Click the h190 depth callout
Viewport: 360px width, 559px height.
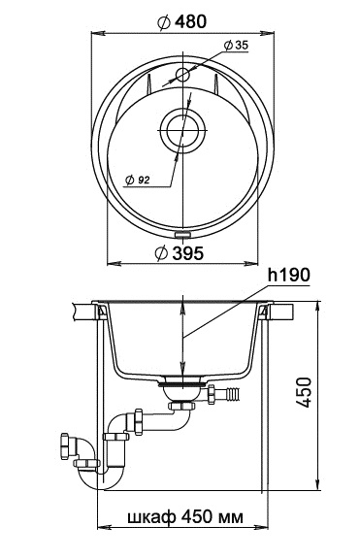(x=290, y=277)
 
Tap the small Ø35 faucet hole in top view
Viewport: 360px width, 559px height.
(x=181, y=75)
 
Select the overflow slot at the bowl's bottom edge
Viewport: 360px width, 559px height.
(x=181, y=233)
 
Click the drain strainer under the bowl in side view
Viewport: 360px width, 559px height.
(x=181, y=385)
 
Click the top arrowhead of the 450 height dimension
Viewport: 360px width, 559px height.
(x=318, y=306)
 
